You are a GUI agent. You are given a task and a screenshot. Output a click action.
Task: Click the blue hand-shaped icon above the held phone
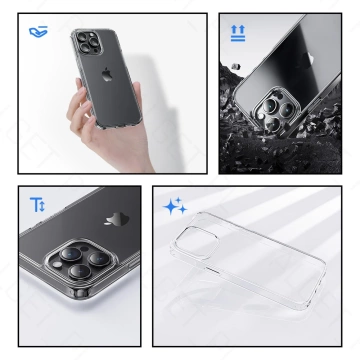click(x=37, y=32)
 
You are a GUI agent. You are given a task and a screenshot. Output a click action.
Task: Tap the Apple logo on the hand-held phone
click(x=107, y=75)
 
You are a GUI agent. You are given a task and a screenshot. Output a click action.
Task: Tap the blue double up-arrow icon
click(x=238, y=33)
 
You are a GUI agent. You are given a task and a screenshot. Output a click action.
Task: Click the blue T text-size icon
click(x=37, y=205)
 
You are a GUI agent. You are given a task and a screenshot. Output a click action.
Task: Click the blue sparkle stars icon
click(x=176, y=207)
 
